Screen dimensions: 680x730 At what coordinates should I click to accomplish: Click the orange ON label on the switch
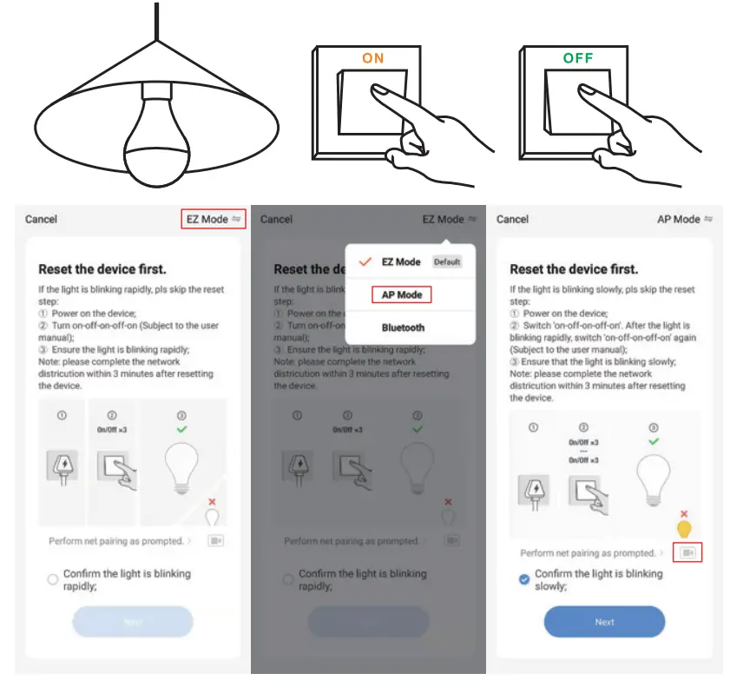point(372,58)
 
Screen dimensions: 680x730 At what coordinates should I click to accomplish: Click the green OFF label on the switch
point(578,58)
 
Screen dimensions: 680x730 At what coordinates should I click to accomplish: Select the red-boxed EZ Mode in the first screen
point(214,219)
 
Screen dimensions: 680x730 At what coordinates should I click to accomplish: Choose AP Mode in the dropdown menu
point(401,295)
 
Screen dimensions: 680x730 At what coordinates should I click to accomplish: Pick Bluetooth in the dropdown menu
point(403,327)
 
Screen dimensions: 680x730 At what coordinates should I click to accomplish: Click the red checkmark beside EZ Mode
point(365,261)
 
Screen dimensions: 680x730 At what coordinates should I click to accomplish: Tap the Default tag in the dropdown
point(447,261)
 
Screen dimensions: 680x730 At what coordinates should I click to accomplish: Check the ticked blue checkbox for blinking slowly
point(524,579)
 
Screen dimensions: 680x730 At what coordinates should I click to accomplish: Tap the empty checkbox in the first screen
point(53,579)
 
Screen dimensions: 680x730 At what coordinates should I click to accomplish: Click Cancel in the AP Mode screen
point(512,219)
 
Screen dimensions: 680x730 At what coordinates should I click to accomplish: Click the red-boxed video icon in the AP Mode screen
point(687,552)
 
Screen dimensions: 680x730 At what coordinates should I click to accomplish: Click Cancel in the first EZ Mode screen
point(41,219)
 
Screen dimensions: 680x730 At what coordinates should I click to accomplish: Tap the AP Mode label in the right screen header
point(679,219)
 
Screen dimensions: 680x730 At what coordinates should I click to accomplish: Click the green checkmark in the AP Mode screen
point(654,441)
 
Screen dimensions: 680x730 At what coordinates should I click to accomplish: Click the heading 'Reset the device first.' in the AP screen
point(574,269)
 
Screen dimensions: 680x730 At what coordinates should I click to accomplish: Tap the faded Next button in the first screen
point(132,622)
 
